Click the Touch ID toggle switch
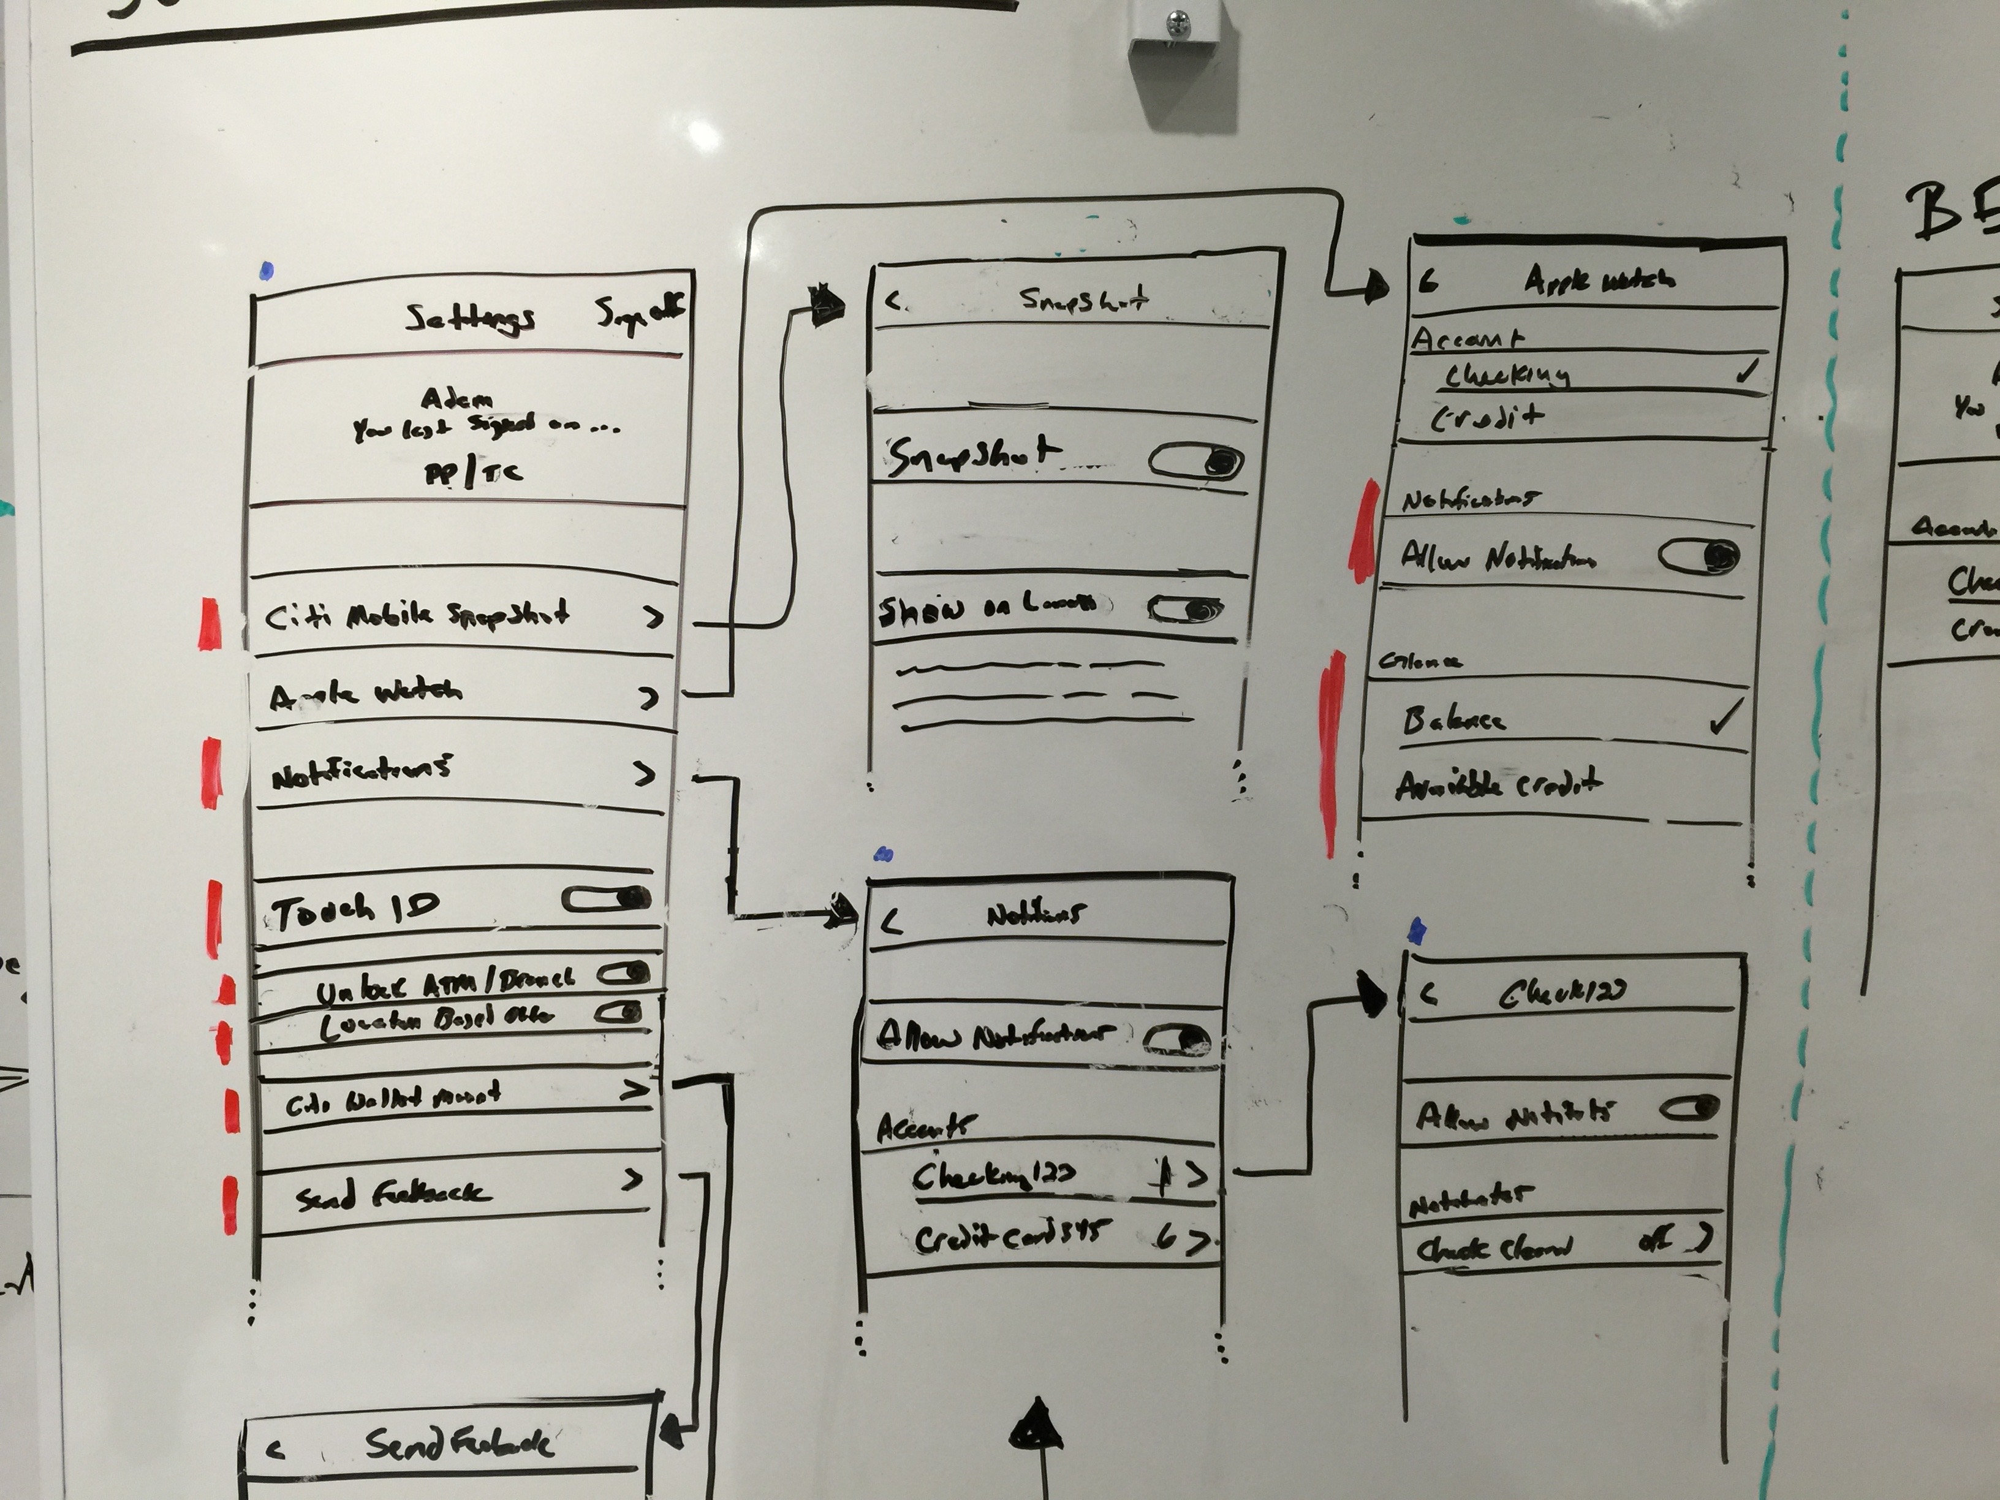pyautogui.click(x=607, y=899)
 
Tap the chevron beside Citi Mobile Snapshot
pyautogui.click(x=653, y=618)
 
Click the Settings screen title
pyautogui.click(x=469, y=317)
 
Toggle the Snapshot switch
pyautogui.click(x=1195, y=461)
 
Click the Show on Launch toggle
pyautogui.click(x=1185, y=610)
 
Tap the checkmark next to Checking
pyautogui.click(x=1748, y=371)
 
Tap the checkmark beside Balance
pyautogui.click(x=1724, y=718)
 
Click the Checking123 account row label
pyautogui.click(x=993, y=1176)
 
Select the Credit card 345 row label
pyautogui.click(x=1007, y=1237)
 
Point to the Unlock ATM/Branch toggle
pyautogui.click(x=624, y=974)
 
